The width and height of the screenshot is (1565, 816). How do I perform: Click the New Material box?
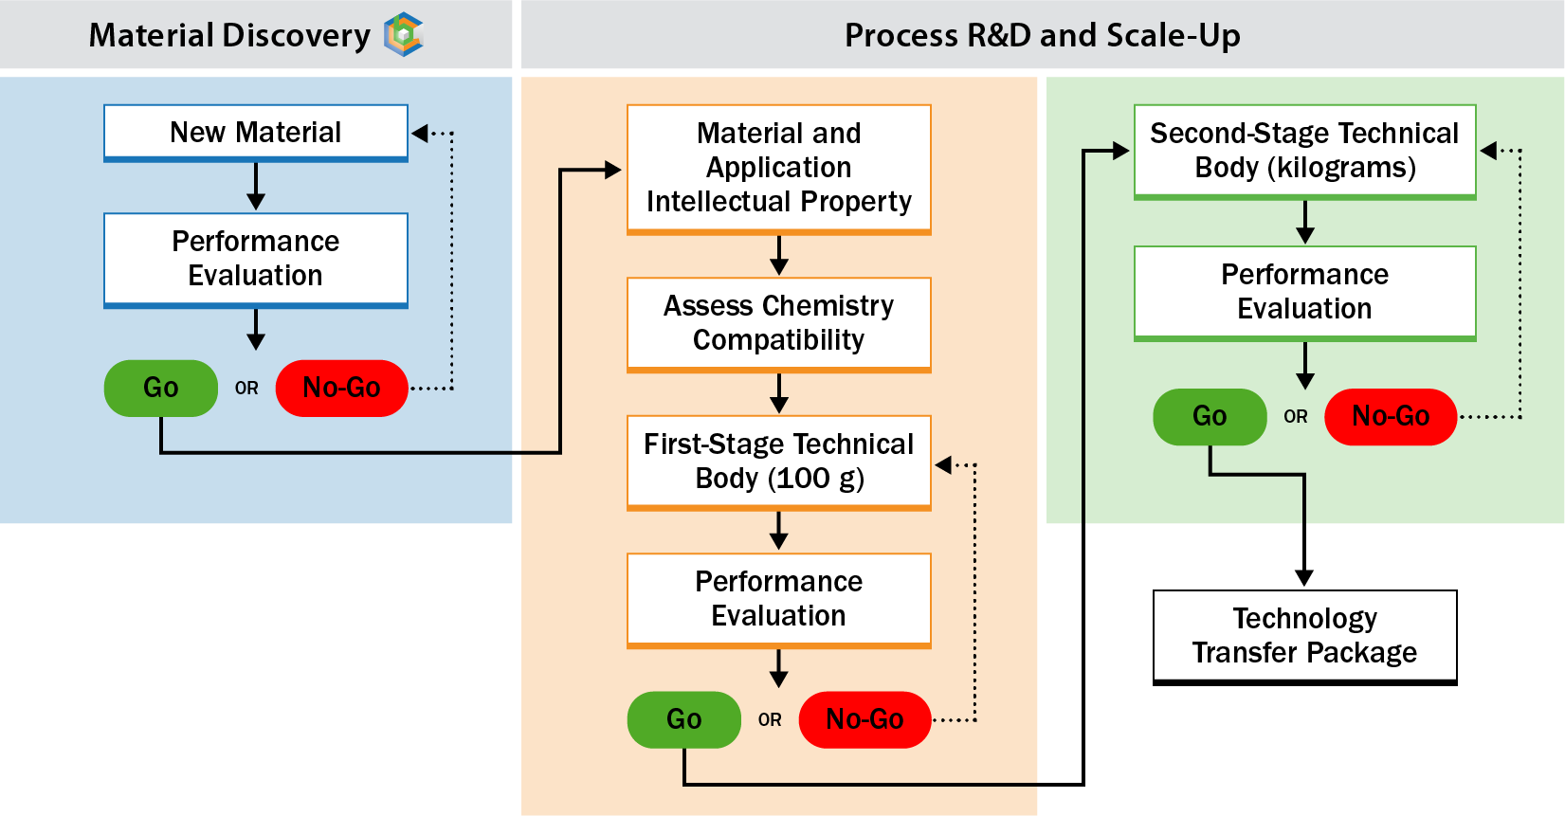coord(255,132)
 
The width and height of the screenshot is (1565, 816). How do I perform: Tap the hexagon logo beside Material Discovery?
coord(404,35)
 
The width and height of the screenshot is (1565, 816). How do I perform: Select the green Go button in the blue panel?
coord(160,388)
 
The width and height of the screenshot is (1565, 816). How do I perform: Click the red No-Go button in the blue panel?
coord(341,388)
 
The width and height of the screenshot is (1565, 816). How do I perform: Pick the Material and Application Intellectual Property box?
coord(778,168)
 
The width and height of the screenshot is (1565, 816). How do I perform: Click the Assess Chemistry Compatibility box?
coord(778,323)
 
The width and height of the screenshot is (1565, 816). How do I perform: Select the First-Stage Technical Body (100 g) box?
coord(778,462)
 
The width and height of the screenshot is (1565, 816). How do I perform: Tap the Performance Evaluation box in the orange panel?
coord(778,599)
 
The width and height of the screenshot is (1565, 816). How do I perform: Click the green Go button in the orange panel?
coord(683,719)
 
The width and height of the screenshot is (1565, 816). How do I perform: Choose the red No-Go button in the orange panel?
coord(864,719)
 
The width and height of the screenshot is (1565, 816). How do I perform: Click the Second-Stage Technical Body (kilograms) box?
coord(1304,151)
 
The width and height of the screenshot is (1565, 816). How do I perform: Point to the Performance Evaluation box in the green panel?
coord(1304,292)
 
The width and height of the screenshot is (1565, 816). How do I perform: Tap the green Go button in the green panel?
coord(1210,416)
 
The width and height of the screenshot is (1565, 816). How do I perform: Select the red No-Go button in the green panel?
coord(1390,416)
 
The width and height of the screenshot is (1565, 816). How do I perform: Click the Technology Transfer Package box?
coord(1304,636)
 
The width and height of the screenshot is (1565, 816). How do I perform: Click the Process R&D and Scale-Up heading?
coord(1042,35)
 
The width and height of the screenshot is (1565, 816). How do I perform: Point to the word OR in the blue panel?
coord(246,389)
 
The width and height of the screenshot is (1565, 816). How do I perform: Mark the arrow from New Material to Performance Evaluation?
coord(255,186)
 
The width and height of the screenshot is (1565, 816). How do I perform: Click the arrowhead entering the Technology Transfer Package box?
coord(1304,578)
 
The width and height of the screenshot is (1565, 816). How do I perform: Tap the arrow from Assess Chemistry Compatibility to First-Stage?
coord(778,392)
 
